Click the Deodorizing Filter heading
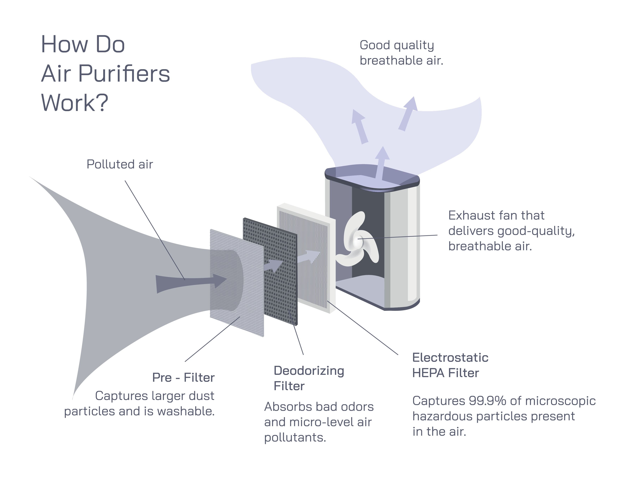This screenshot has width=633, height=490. [x=309, y=378]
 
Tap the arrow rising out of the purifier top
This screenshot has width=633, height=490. [x=382, y=162]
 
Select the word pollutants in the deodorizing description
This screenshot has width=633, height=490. [x=295, y=438]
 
